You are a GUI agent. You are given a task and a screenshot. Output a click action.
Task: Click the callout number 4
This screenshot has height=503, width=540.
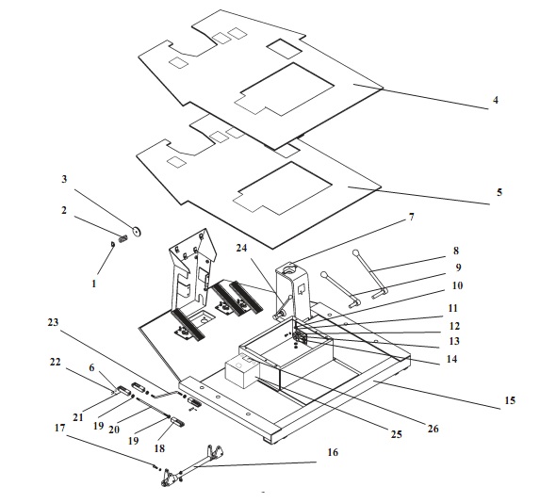point(495,100)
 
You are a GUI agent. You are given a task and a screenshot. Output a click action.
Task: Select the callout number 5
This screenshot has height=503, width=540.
point(499,192)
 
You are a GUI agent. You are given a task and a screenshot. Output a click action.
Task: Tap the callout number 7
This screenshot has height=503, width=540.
point(411,217)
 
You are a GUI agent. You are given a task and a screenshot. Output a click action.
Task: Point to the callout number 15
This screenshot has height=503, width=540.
point(510,400)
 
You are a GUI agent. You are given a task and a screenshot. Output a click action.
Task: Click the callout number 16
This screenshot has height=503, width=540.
point(333,452)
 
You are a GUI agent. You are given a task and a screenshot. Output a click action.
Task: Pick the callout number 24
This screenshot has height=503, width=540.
point(242,248)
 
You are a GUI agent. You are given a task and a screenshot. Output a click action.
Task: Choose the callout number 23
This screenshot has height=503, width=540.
point(53,322)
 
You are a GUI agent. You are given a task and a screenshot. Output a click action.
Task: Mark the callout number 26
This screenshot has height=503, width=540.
point(433,429)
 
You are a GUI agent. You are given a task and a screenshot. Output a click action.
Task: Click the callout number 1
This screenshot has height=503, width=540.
point(93,284)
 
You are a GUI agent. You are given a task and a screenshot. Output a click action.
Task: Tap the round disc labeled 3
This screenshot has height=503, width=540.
point(137,232)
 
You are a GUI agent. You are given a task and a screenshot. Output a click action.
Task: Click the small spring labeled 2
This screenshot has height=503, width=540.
point(123,238)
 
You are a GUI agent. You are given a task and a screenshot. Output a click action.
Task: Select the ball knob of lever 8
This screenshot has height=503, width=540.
point(355,253)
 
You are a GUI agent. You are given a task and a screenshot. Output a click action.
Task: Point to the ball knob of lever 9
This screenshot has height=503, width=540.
point(324,275)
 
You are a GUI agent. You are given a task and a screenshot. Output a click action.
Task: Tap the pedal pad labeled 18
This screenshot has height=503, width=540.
point(177,421)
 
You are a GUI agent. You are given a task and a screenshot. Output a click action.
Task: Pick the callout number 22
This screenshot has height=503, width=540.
point(55,362)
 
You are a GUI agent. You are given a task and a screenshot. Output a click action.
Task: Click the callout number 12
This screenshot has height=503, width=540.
point(454,326)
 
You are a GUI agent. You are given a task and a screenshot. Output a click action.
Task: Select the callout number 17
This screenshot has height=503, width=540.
point(60,428)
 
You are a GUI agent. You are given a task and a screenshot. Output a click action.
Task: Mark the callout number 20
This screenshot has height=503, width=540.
point(114,430)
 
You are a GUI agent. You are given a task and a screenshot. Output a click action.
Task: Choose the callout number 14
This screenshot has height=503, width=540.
point(451,359)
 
